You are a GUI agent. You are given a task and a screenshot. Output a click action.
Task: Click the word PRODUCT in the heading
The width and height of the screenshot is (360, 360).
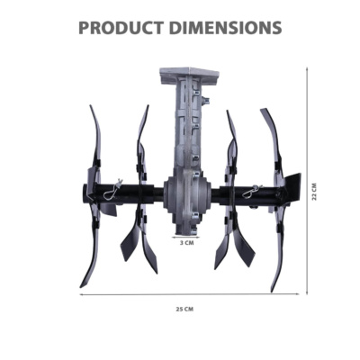click(x=121, y=28)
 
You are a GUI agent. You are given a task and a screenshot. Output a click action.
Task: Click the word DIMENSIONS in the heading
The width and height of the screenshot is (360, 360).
click(x=225, y=28)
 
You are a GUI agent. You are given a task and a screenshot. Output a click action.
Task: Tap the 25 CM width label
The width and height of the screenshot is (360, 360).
click(x=184, y=309)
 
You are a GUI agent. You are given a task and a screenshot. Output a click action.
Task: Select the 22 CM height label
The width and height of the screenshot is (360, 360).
click(x=314, y=192)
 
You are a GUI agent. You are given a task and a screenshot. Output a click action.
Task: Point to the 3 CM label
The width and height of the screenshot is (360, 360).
click(x=186, y=243)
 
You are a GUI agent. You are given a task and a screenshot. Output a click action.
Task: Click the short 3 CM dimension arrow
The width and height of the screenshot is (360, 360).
click(x=182, y=237)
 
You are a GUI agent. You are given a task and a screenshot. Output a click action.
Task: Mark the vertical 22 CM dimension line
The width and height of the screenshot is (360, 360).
click(x=307, y=181)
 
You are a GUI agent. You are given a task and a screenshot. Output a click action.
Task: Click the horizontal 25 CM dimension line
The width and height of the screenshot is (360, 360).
click(x=189, y=294)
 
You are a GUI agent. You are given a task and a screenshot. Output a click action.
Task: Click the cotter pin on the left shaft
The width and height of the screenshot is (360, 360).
click(x=112, y=192)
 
